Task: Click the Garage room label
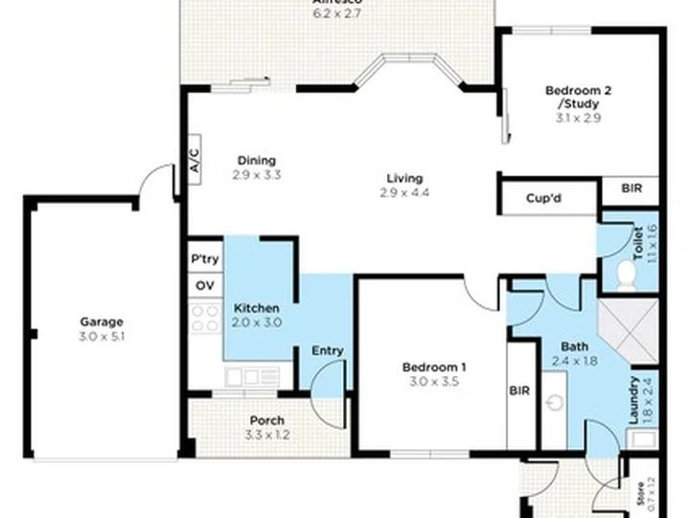pyautogui.click(x=102, y=322)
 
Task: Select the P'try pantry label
pyautogui.click(x=204, y=260)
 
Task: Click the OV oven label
pyautogui.click(x=204, y=286)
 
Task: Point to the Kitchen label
pyautogui.click(x=257, y=308)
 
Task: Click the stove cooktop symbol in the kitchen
pyautogui.click(x=205, y=318)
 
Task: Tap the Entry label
pyautogui.click(x=328, y=351)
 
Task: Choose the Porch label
pyautogui.click(x=266, y=420)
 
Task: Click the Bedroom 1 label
pyautogui.click(x=434, y=367)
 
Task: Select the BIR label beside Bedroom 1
pyautogui.click(x=520, y=390)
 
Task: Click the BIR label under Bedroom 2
pyautogui.click(x=632, y=190)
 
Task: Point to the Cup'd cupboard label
pyautogui.click(x=543, y=200)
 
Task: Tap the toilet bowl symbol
pyautogui.click(x=627, y=276)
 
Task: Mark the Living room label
pyautogui.click(x=404, y=178)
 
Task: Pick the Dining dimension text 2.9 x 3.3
pyautogui.click(x=256, y=175)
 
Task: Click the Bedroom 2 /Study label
pyautogui.click(x=579, y=97)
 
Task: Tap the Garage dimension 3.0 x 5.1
pyautogui.click(x=102, y=337)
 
